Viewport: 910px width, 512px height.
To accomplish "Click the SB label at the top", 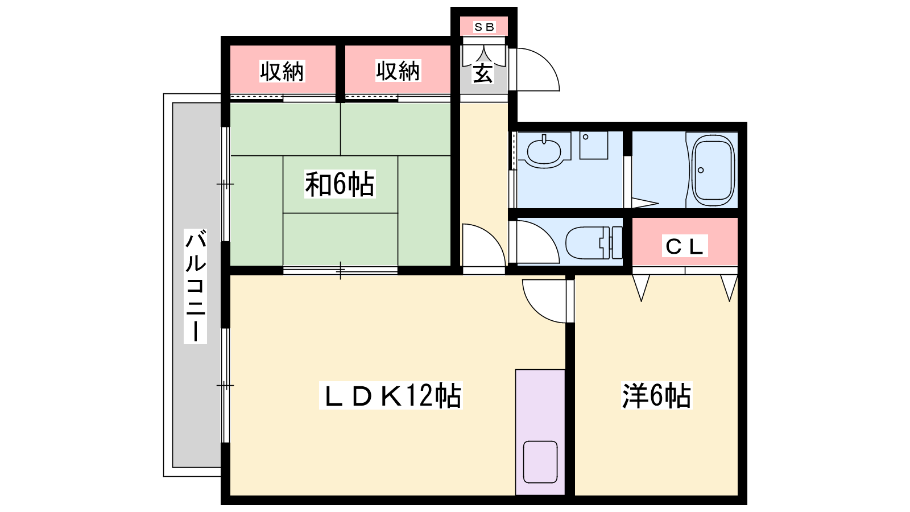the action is [484, 27].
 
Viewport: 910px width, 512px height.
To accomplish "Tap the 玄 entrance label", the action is [483, 73].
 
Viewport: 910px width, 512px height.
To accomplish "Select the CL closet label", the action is [685, 246].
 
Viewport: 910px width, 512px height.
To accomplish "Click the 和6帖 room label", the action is [340, 184].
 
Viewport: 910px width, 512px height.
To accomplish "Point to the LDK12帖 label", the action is [391, 395].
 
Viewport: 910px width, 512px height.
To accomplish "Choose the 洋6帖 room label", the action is [657, 395].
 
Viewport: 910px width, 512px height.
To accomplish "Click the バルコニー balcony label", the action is [196, 287].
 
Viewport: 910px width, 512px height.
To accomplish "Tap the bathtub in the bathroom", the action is [714, 170].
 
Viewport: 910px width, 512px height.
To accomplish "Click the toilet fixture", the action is [594, 243].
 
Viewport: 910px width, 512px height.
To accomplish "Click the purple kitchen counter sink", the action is [540, 462].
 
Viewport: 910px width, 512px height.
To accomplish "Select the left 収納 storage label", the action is [282, 72].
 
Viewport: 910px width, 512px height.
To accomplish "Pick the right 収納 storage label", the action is [398, 71].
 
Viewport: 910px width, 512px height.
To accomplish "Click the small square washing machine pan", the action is [594, 145].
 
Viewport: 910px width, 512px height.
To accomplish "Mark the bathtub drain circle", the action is [701, 170].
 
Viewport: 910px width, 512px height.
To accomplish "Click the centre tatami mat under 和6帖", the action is [341, 184].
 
